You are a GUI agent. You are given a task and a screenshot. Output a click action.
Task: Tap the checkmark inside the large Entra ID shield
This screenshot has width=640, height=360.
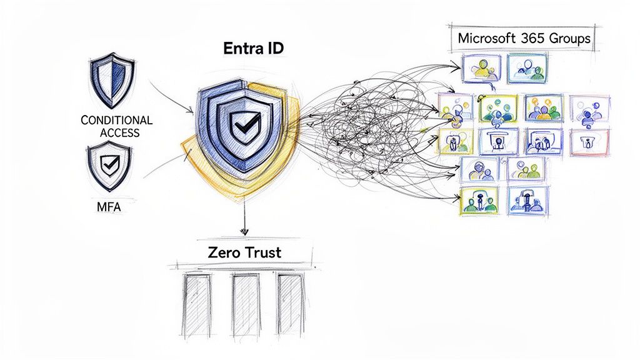pos(241,125)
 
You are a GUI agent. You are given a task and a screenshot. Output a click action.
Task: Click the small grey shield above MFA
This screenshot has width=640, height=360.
pos(109,166)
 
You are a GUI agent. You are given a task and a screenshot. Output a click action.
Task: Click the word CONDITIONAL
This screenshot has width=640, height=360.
pos(116,120)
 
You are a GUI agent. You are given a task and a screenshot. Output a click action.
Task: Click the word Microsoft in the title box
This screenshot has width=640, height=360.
pos(487,37)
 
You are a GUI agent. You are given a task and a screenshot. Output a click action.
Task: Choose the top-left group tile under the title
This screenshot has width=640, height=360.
pos(481,67)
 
